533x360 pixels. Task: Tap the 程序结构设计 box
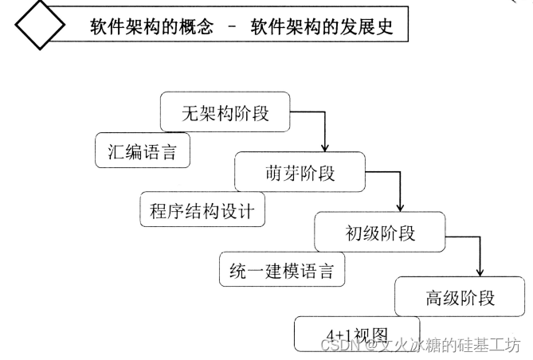point(202,211)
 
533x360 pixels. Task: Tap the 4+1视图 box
point(347,334)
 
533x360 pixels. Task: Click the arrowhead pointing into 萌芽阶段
point(324,147)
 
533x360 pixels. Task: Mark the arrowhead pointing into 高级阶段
point(480,272)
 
